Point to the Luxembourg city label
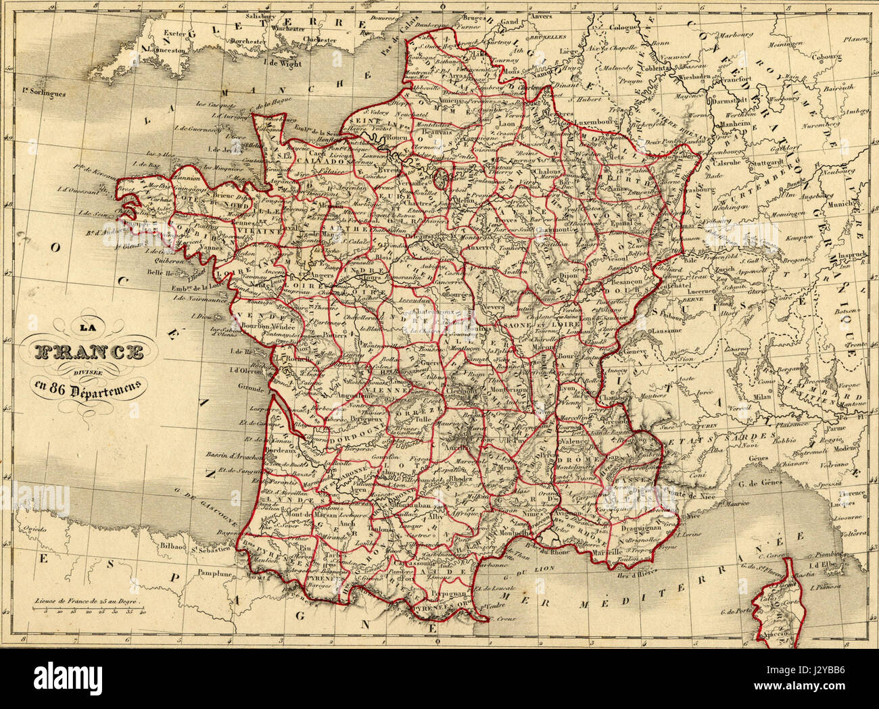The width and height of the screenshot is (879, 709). pyautogui.click(x=593, y=122)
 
